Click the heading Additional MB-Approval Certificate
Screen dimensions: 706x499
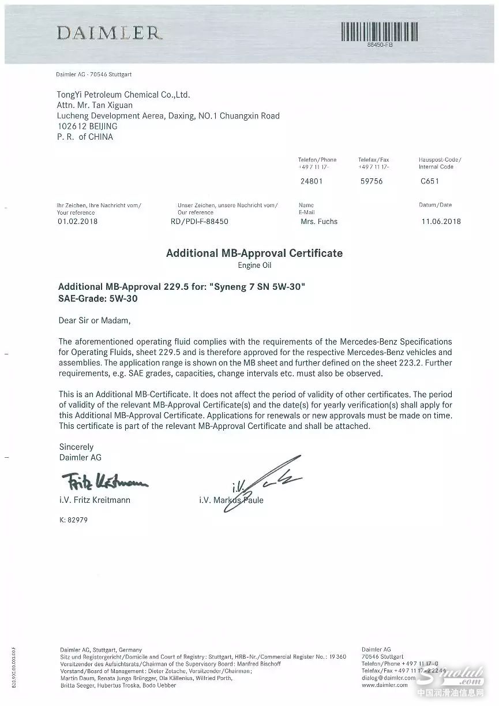tap(254, 253)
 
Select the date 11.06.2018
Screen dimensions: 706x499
tap(441, 221)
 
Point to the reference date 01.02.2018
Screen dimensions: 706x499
tap(78, 221)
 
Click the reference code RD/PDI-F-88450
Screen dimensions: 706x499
tap(200, 221)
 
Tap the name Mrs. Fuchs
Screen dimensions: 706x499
tap(319, 221)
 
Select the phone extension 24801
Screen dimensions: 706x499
tap(312, 181)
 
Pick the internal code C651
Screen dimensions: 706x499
tap(430, 181)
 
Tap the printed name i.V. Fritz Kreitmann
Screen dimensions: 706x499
tap(95, 500)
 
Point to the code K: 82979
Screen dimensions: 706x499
tap(73, 520)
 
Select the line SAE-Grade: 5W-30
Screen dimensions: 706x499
tap(98, 298)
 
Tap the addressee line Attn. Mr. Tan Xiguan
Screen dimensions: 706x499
tap(95, 105)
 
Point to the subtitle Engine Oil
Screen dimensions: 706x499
tap(254, 266)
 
